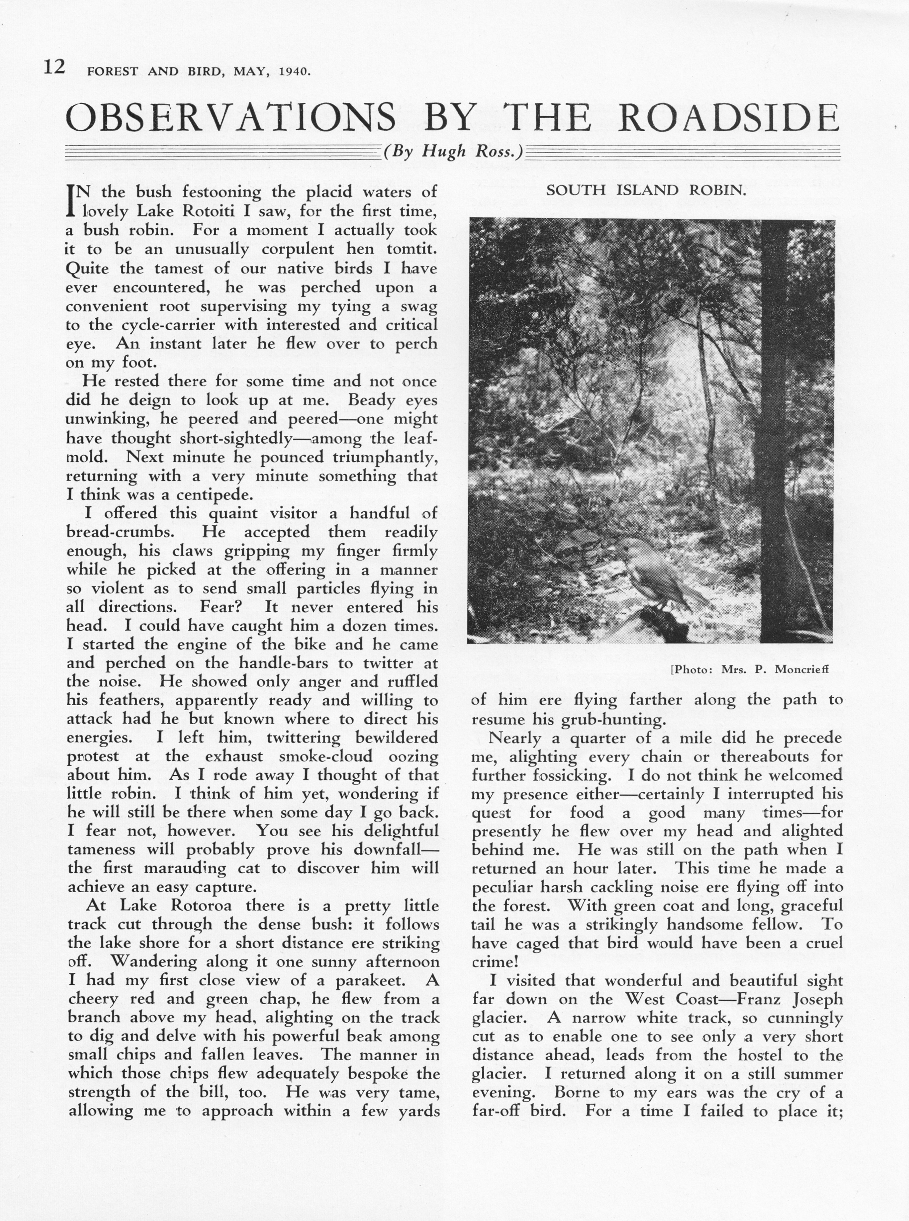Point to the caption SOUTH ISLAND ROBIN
click(646, 190)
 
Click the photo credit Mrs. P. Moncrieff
click(774, 669)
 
